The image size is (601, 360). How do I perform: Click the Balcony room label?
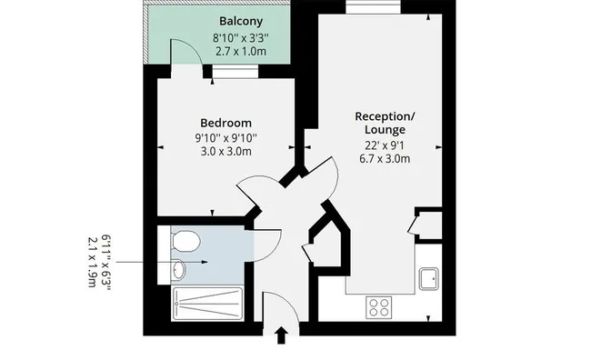click(241, 21)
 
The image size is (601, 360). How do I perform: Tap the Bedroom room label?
click(226, 123)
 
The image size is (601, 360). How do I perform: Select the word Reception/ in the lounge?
click(385, 116)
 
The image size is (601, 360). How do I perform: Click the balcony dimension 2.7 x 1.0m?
click(241, 52)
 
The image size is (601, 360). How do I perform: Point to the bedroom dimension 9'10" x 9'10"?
click(226, 137)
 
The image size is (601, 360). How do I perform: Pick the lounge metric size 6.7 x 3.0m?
click(385, 159)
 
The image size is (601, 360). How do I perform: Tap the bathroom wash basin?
click(179, 269)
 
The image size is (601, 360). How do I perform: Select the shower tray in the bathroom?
click(207, 304)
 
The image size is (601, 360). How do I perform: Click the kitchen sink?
click(428, 279)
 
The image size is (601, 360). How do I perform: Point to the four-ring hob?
click(378, 307)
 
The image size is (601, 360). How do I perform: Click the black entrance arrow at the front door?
click(282, 335)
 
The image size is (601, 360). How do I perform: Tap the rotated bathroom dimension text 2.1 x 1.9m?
click(92, 262)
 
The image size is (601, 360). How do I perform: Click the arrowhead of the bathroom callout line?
click(205, 262)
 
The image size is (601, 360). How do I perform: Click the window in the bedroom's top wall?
click(235, 71)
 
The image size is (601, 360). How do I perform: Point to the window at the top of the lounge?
click(374, 7)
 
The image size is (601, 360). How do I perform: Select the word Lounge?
click(385, 130)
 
